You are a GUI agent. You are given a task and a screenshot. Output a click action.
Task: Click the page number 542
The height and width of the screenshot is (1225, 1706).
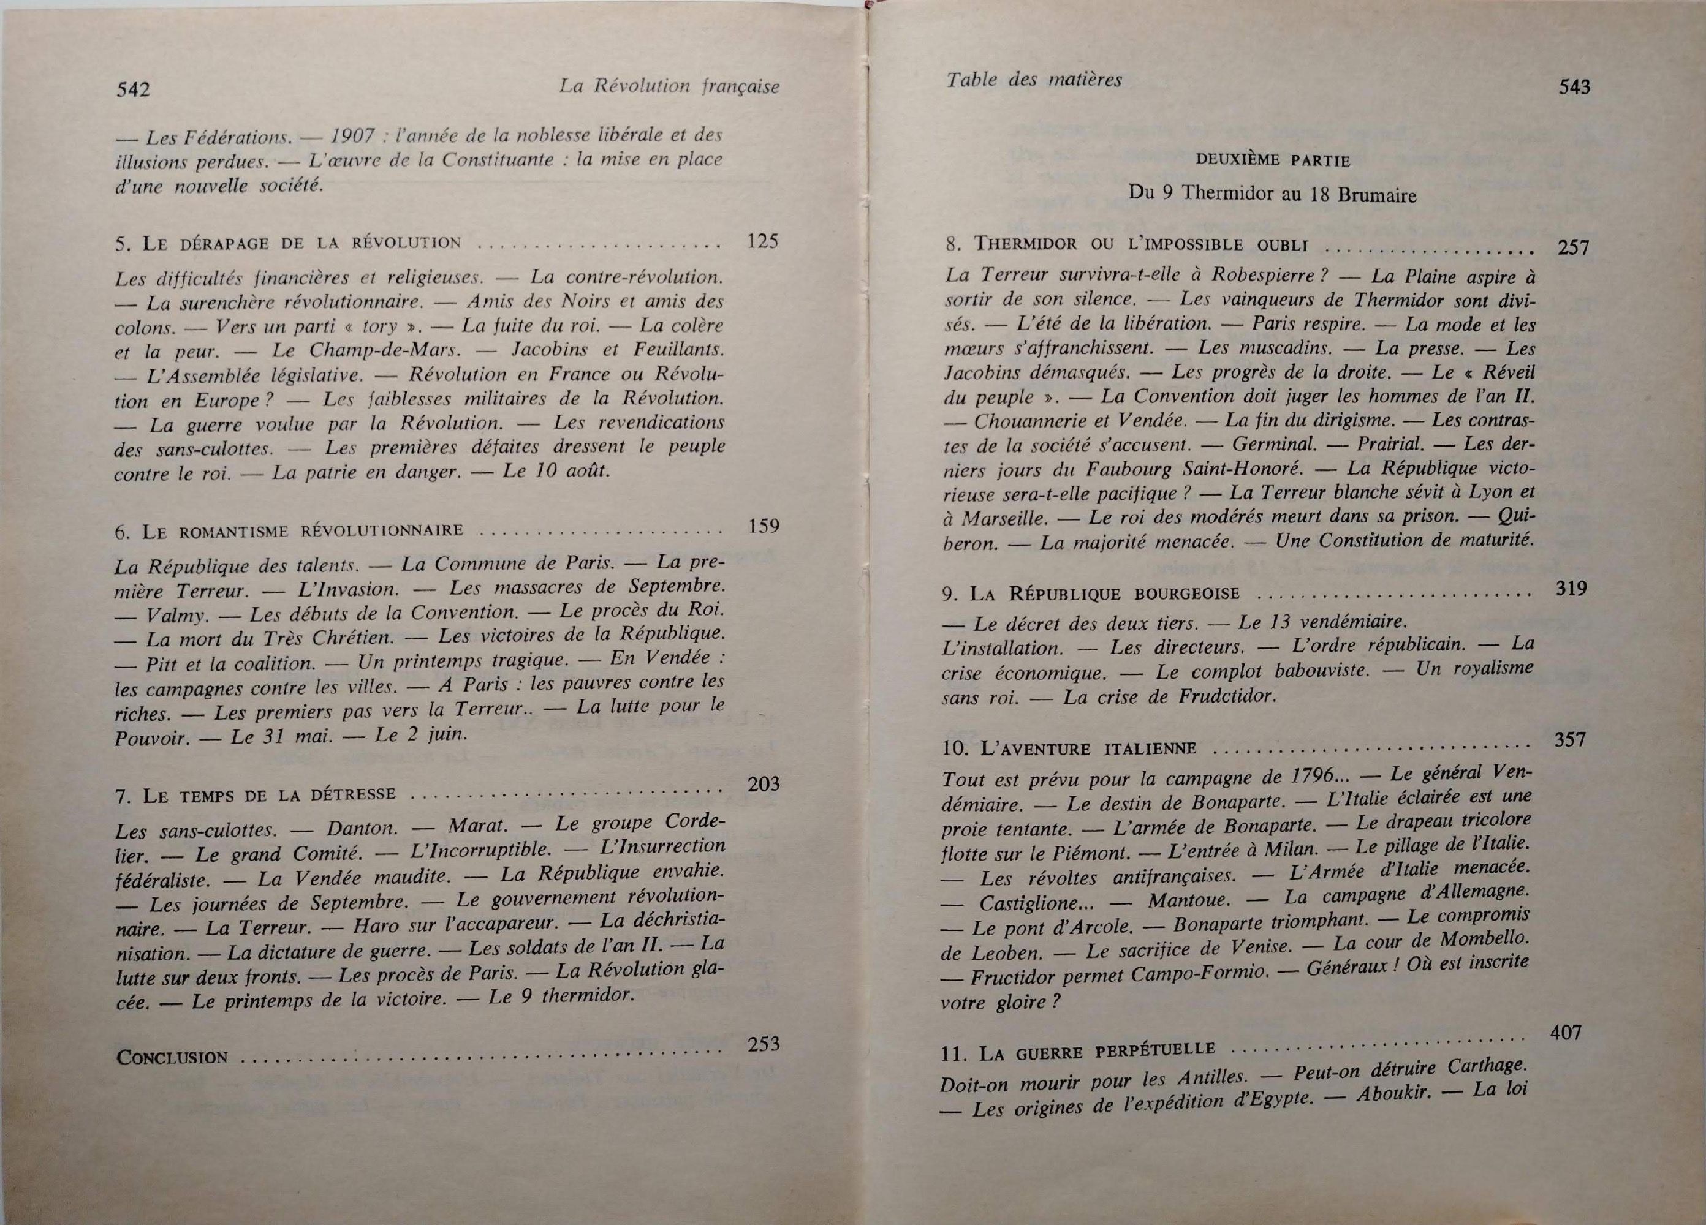134,89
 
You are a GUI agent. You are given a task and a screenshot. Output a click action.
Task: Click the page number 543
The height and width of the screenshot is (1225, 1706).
1574,87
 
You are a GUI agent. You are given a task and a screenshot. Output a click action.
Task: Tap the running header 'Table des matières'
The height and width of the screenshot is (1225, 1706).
1034,79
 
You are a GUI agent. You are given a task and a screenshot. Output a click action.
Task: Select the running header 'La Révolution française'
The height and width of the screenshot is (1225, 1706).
669,86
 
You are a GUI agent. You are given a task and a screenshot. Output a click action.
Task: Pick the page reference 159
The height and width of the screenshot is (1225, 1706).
764,525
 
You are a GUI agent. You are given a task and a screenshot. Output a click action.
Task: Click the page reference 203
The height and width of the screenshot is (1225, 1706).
764,785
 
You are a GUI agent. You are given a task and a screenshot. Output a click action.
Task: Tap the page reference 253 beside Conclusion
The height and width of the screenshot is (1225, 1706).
764,1044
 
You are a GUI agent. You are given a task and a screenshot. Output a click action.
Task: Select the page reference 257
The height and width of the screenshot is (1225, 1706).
1573,247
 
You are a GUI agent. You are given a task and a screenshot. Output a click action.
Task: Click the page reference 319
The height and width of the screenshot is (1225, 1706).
1571,588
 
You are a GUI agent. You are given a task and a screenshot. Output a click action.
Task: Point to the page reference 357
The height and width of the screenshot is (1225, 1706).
1570,739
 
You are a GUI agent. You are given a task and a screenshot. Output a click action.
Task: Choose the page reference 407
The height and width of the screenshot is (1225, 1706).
1566,1033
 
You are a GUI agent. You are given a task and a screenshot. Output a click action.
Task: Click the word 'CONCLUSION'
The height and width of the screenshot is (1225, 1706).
172,1057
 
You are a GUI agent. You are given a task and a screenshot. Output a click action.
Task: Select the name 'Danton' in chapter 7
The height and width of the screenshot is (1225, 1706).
362,829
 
